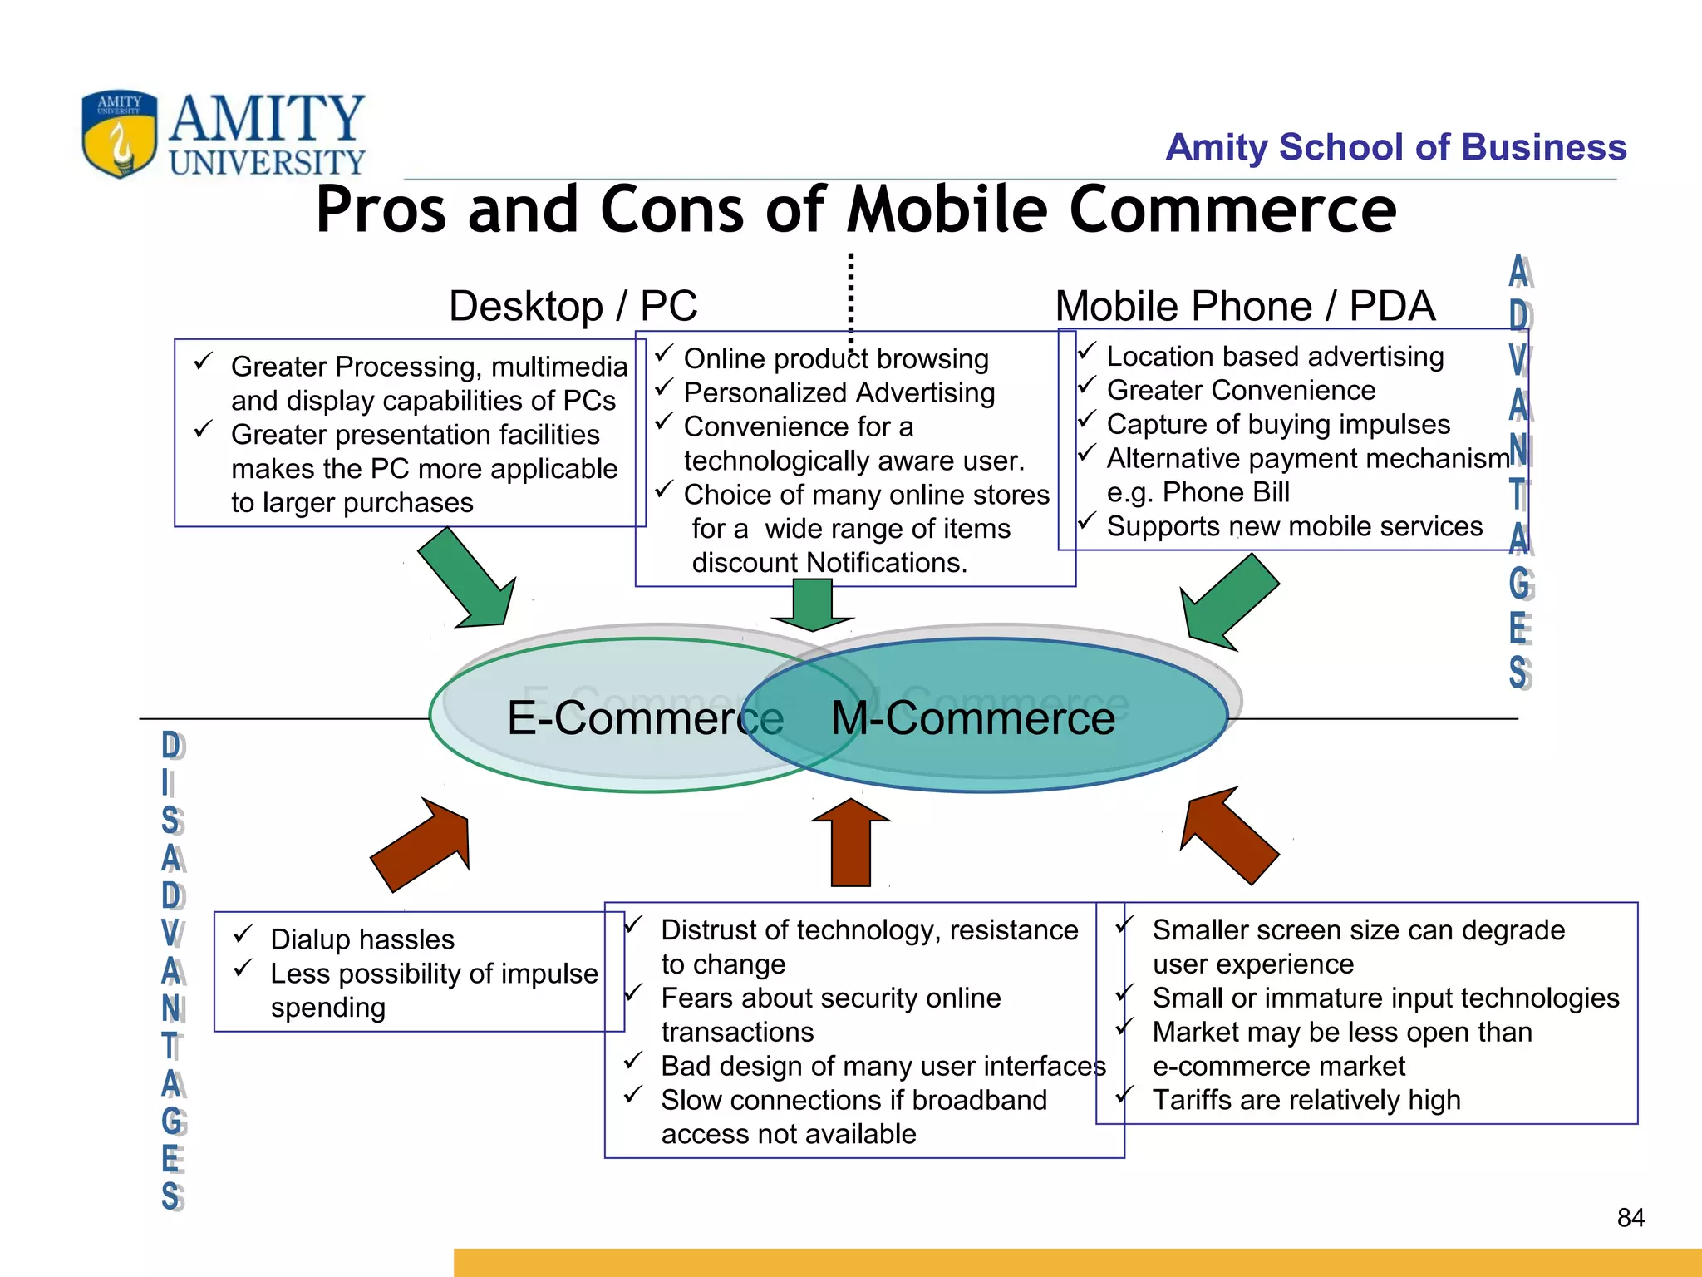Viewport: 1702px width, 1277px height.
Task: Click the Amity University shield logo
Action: pos(120,133)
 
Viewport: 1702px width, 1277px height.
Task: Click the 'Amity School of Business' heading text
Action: pos(1395,147)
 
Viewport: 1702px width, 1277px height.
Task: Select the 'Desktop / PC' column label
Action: pos(573,306)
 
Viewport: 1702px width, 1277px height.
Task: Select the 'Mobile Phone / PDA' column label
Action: pos(1244,306)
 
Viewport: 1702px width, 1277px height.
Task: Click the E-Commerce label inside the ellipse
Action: pos(645,717)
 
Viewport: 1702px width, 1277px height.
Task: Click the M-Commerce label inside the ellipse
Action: pos(972,717)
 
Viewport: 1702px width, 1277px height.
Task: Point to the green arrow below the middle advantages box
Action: pos(813,605)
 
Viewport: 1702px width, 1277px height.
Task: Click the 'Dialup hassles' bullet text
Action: pos(362,939)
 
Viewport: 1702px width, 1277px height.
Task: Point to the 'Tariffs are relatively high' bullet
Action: pos(1306,1100)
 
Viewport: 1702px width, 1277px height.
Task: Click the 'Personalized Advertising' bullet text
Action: pos(839,392)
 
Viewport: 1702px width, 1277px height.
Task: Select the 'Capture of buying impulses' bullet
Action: pos(1278,424)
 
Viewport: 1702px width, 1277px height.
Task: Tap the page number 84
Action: pos(1631,1218)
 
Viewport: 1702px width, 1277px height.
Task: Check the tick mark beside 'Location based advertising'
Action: pos(1087,353)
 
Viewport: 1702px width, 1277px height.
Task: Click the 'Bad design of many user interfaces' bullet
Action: pos(883,1066)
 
